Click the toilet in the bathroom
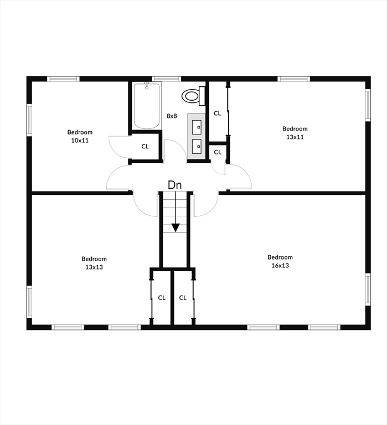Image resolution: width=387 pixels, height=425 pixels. [194, 96]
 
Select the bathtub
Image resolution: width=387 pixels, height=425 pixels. [147, 106]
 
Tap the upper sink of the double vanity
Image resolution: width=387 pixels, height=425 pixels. [197, 127]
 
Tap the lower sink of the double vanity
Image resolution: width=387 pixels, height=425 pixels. [197, 146]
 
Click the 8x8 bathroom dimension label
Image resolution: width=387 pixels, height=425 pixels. [172, 116]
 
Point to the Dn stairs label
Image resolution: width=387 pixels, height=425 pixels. [175, 185]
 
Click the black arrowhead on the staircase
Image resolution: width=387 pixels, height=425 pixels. [176, 227]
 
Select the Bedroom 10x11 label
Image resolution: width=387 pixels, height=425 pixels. [80, 136]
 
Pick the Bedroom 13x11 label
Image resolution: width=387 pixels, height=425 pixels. [295, 133]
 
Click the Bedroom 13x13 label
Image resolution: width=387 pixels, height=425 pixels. [94, 263]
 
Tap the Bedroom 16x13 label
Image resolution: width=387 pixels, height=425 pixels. [280, 261]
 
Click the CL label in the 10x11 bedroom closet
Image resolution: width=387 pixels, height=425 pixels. [145, 146]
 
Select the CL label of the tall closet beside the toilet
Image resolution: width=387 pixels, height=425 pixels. [217, 113]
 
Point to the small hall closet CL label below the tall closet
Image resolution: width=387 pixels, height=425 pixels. [218, 152]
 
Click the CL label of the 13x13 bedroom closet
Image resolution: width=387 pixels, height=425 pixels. [162, 298]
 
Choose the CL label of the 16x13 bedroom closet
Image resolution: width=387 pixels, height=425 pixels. [183, 298]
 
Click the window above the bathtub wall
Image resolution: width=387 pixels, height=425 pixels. [166, 79]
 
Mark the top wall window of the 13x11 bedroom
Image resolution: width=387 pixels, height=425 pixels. [293, 79]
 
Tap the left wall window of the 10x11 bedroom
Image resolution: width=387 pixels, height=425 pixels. [29, 120]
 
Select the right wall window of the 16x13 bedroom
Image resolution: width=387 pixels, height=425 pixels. [368, 289]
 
